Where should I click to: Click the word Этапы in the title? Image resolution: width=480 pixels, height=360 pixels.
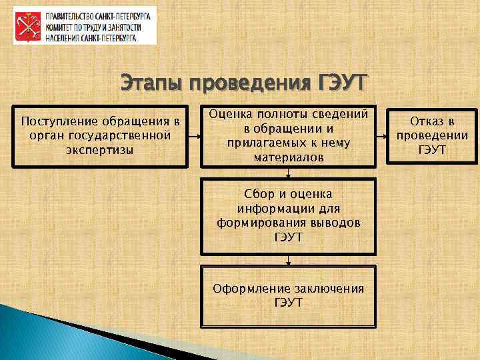[151, 84]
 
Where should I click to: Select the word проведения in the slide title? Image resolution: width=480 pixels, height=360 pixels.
[247, 85]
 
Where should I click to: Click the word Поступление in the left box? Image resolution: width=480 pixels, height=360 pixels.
[59, 121]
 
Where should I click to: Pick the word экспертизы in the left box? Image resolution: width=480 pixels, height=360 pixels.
[100, 149]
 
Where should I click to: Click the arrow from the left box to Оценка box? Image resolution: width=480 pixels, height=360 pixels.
[194, 136]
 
